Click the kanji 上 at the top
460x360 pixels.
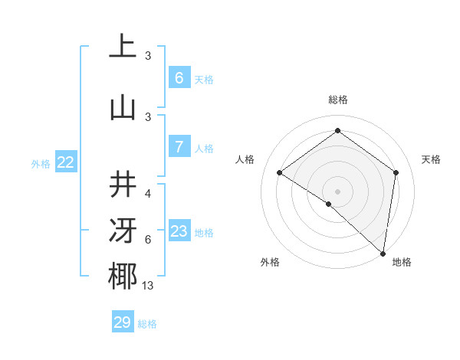pyautogui.click(x=122, y=47)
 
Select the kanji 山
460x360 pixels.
pyautogui.click(x=122, y=108)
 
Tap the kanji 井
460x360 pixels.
pyautogui.click(x=122, y=185)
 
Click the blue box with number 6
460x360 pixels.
pyautogui.click(x=179, y=77)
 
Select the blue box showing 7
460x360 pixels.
pyautogui.click(x=179, y=147)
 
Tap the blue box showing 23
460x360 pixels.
pyautogui.click(x=179, y=231)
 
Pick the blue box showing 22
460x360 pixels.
pyautogui.click(x=66, y=162)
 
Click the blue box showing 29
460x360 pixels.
pyautogui.click(x=123, y=322)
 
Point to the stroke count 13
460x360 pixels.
pyautogui.click(x=148, y=286)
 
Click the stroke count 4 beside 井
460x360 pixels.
pyautogui.click(x=148, y=194)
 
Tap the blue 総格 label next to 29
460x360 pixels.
pyautogui.click(x=147, y=324)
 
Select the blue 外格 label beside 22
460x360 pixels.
pyautogui.click(x=41, y=163)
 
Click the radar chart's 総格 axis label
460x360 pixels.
pyautogui.click(x=337, y=100)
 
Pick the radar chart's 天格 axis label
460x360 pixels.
pyautogui.click(x=431, y=159)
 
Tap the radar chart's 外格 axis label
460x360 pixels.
pyautogui.click(x=270, y=262)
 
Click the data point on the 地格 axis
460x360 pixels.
pyautogui.click(x=383, y=253)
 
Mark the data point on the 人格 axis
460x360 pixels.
pyautogui.click(x=280, y=172)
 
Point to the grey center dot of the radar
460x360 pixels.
pyautogui.click(x=337, y=191)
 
